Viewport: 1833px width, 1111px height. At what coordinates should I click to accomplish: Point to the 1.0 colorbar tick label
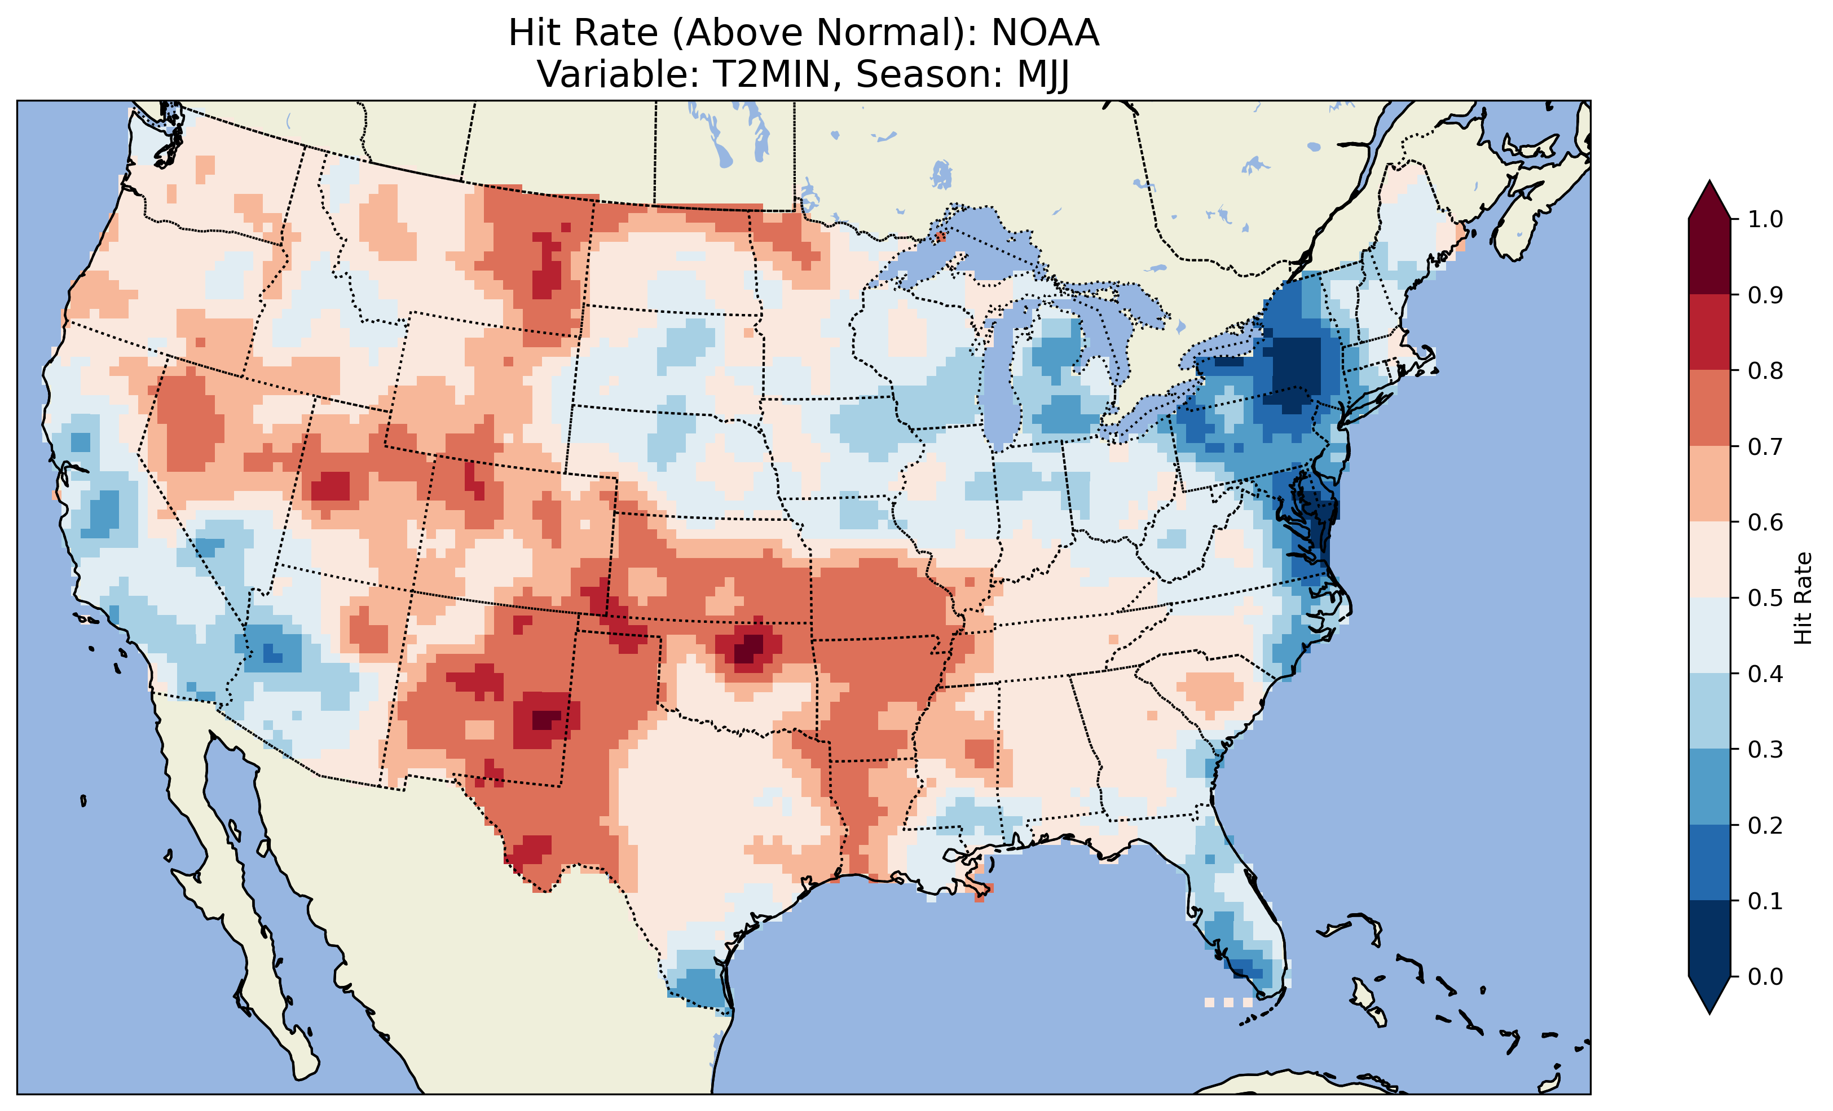[x=1765, y=219]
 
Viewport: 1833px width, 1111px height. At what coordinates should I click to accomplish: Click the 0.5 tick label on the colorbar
[x=1765, y=598]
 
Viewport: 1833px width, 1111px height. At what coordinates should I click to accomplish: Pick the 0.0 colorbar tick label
[x=1765, y=976]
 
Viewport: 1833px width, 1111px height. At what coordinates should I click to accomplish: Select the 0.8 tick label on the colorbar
[x=1765, y=370]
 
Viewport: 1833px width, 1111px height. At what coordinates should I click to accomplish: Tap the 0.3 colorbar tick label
[x=1765, y=750]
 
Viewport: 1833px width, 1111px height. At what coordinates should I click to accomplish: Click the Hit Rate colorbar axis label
[x=1803, y=598]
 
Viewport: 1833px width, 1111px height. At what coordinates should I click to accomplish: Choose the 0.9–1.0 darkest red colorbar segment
[x=1709, y=256]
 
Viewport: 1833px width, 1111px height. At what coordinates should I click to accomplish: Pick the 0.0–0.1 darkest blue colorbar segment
[x=1709, y=939]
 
